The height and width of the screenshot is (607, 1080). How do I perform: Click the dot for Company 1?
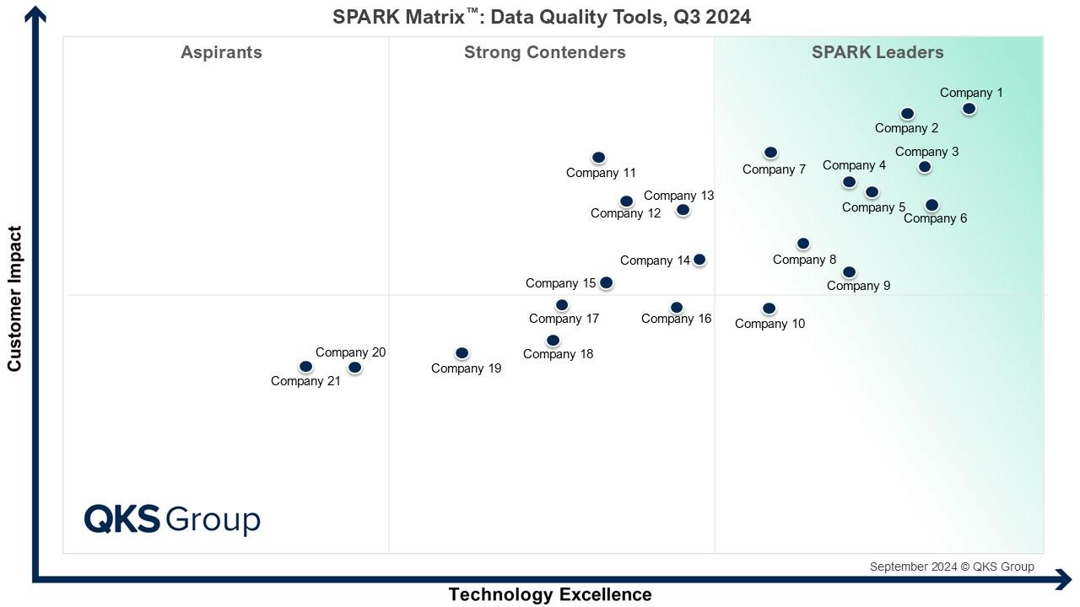coord(969,109)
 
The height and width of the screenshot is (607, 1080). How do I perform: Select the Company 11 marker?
coord(598,158)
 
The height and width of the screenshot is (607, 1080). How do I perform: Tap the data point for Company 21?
coord(305,367)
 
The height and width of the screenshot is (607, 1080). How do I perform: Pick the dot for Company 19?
coord(462,353)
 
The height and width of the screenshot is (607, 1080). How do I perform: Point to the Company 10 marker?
coord(769,309)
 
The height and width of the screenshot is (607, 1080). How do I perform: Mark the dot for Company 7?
coord(770,153)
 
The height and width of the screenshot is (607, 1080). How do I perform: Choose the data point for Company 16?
coord(676,308)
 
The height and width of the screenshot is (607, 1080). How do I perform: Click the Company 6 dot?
coord(931,205)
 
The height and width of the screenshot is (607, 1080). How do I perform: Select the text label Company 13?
coord(678,196)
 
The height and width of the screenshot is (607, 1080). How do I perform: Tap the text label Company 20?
coord(350,352)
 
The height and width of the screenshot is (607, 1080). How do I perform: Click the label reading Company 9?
coord(858,286)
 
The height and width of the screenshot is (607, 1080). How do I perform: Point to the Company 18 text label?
coord(558,354)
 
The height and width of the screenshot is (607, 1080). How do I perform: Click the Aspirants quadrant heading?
coord(221,52)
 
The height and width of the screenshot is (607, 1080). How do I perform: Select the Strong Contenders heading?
coord(544,52)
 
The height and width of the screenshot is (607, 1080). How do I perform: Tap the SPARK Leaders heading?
coord(877,52)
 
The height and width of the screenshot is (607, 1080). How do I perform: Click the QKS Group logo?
coord(172,518)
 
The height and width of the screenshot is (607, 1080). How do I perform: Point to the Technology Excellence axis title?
coord(549,594)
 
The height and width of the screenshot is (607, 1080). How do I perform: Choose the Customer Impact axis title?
coord(14,298)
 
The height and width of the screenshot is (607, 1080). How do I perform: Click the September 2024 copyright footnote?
coord(951,567)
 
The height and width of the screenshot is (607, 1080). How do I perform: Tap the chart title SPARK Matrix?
coord(541,17)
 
